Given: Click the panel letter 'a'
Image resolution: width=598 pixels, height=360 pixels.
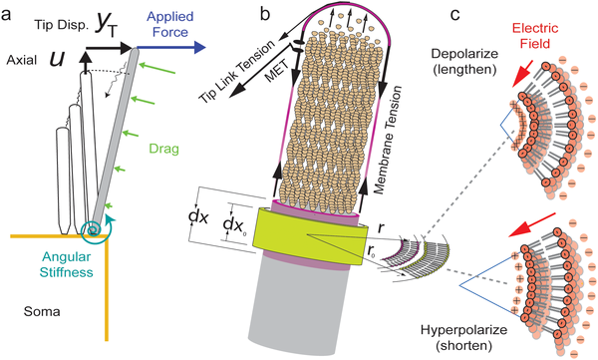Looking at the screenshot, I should tap(9, 14).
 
